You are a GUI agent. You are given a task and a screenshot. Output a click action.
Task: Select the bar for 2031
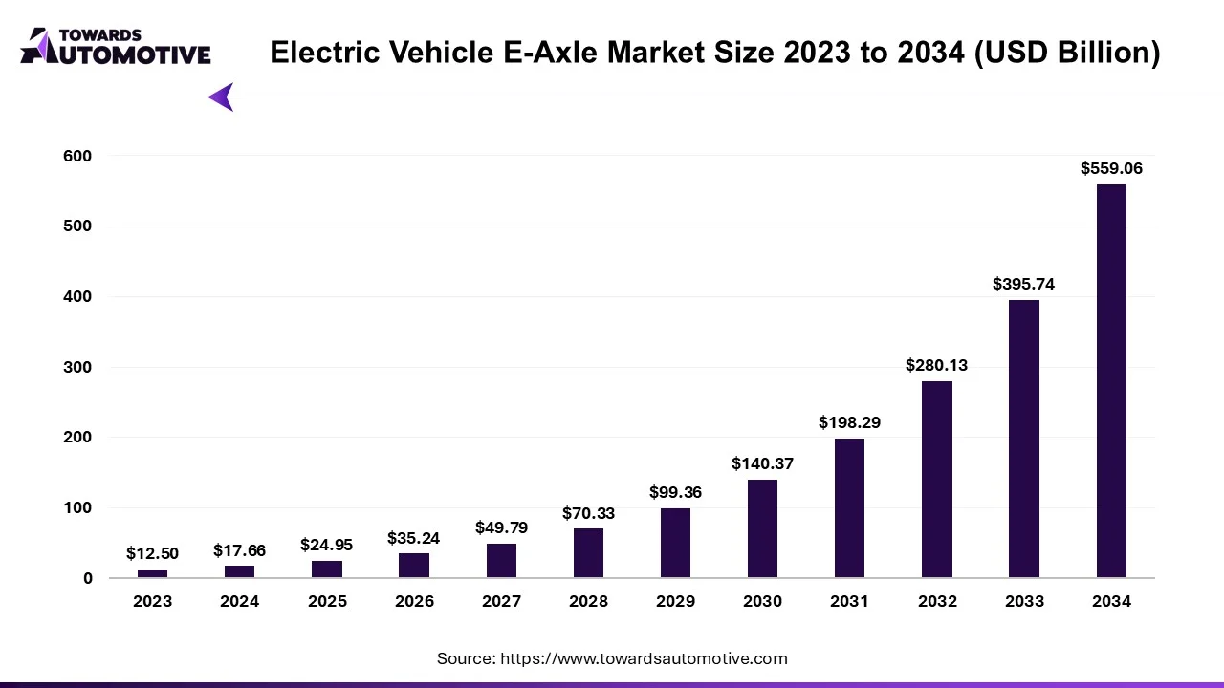(x=849, y=507)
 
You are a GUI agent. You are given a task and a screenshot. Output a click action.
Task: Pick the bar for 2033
(x=1023, y=439)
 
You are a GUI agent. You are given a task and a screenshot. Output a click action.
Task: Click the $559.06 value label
(x=1111, y=168)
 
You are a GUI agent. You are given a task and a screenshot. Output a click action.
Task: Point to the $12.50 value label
(x=152, y=553)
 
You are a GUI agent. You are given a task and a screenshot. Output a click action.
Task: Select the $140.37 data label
(x=762, y=463)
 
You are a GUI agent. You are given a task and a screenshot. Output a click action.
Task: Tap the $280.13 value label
(x=936, y=365)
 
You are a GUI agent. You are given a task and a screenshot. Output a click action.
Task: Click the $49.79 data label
(x=501, y=527)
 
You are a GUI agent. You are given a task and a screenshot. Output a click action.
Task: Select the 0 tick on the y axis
(x=88, y=578)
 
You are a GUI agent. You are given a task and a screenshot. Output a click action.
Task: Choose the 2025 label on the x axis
(x=327, y=601)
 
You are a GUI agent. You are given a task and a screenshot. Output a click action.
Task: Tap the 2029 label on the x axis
(x=675, y=601)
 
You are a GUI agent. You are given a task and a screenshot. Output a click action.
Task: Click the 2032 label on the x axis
(x=936, y=601)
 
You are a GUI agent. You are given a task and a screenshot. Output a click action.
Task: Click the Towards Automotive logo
(x=115, y=46)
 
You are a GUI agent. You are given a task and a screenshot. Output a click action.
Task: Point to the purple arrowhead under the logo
(x=221, y=97)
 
